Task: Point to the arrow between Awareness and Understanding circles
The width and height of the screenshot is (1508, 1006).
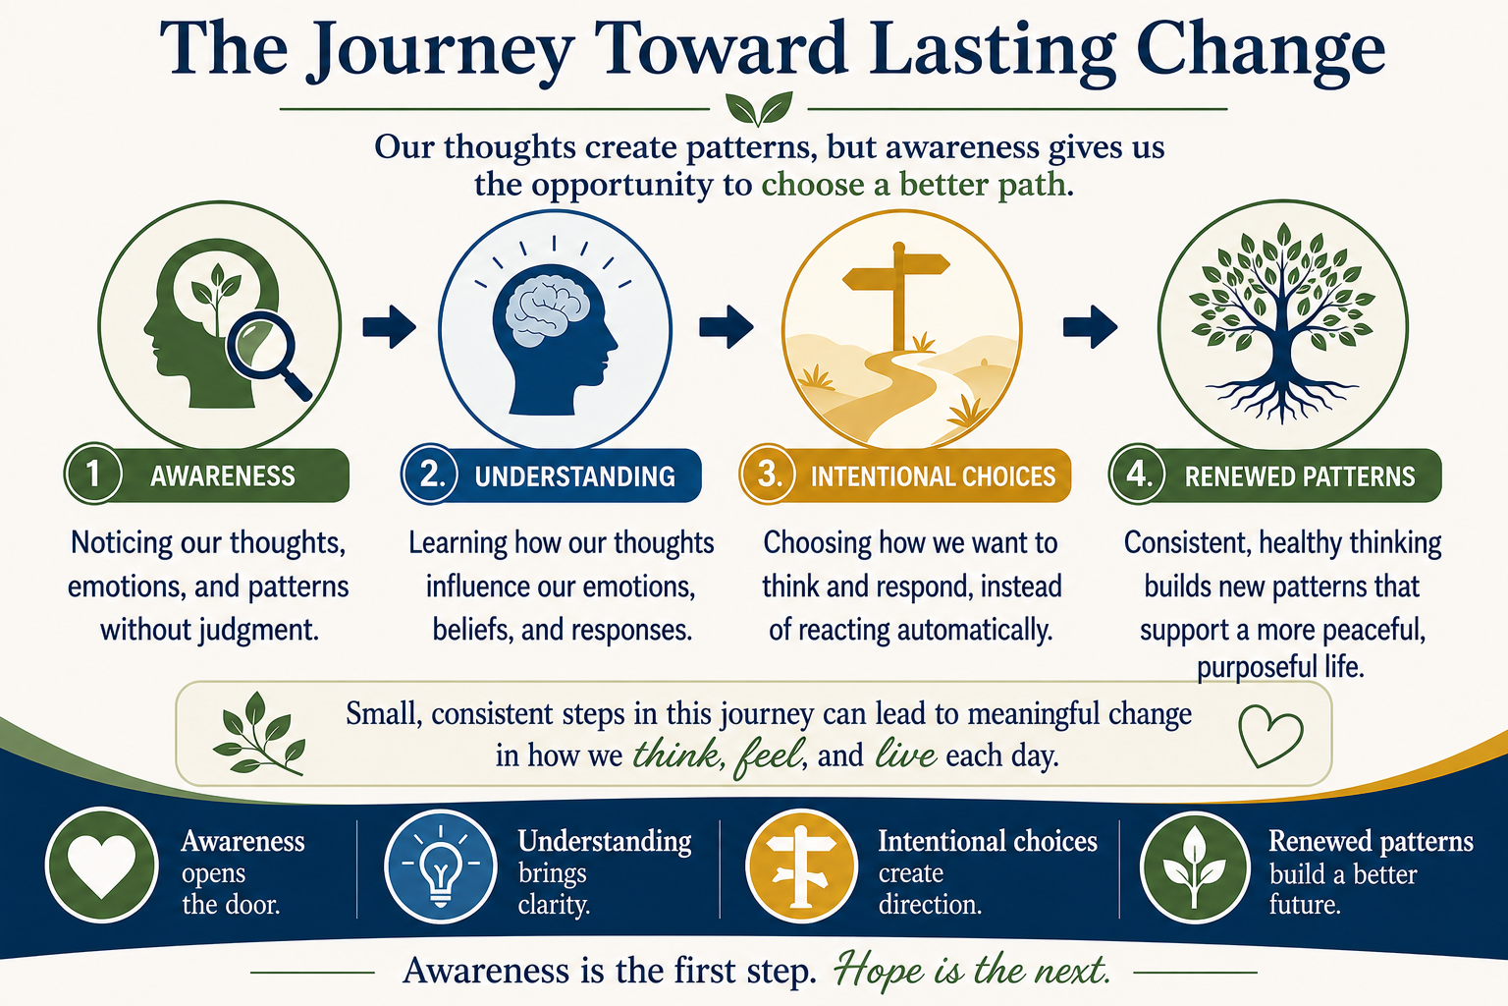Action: tap(389, 327)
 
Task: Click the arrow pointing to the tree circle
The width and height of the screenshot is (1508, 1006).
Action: tap(1090, 327)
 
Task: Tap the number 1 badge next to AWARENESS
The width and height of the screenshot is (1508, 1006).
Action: tap(93, 474)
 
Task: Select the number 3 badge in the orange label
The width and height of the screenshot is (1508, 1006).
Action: tap(768, 474)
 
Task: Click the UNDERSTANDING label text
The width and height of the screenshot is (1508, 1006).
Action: tap(575, 476)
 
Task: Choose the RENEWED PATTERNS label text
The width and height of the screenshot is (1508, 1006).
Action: tap(1300, 476)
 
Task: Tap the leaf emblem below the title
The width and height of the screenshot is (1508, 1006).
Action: tap(759, 108)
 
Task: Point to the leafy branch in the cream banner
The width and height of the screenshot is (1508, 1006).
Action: tap(259, 735)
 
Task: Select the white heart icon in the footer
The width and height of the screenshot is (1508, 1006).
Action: tap(102, 866)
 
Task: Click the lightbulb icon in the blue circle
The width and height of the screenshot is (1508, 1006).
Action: tap(441, 866)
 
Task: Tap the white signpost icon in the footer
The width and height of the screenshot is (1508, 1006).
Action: tap(800, 866)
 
